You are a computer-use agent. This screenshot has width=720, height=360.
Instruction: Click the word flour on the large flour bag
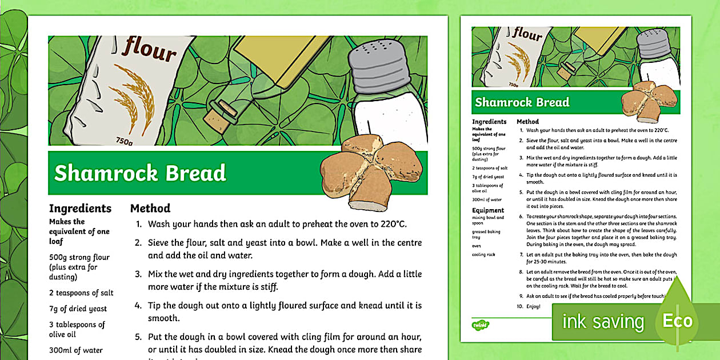point(150,49)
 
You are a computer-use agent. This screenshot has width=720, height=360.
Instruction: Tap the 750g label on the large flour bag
point(125,141)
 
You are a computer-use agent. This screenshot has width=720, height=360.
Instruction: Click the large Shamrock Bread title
point(140,173)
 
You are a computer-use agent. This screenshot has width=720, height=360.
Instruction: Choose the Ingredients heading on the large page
point(80,209)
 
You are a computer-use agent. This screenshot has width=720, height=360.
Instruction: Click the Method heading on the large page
point(150,209)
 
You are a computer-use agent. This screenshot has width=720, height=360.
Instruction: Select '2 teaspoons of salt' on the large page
point(81,293)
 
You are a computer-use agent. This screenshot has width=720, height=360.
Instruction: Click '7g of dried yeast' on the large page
point(78,309)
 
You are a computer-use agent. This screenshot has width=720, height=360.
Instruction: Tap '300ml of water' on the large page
point(76,350)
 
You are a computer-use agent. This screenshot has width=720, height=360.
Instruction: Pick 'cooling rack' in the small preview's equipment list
point(483,254)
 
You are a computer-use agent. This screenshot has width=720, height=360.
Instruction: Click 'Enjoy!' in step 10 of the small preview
point(534,307)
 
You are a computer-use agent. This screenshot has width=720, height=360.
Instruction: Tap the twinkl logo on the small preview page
point(478,325)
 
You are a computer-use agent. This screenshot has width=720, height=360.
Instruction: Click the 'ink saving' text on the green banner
point(603,322)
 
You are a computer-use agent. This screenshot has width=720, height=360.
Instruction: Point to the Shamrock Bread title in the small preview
point(522,102)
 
